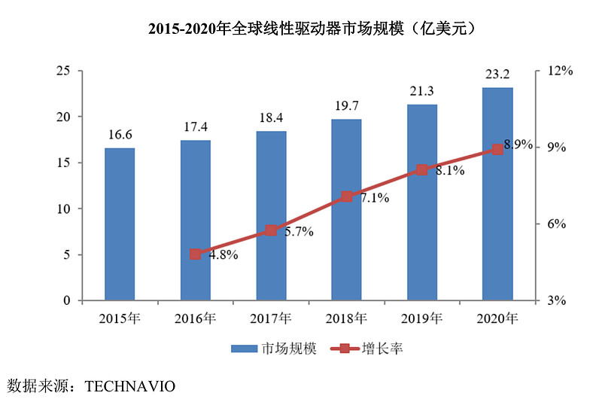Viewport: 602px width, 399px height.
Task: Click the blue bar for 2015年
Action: pyautogui.click(x=120, y=224)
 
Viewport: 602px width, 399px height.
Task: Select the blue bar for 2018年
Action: pyautogui.click(x=346, y=210)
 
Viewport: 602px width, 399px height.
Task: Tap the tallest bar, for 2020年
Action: pyautogui.click(x=497, y=194)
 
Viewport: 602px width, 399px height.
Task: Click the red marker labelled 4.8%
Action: pyautogui.click(x=195, y=254)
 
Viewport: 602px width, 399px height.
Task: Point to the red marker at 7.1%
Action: pyautogui.click(x=346, y=197)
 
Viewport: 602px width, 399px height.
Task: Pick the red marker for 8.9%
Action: pyautogui.click(x=497, y=150)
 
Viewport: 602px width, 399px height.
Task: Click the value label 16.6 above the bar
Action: pyautogui.click(x=120, y=135)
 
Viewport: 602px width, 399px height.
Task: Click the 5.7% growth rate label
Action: pyautogui.click(x=299, y=232)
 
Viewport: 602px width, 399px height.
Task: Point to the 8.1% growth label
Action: pyautogui.click(x=450, y=171)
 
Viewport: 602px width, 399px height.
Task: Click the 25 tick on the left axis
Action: pyautogui.click(x=64, y=71)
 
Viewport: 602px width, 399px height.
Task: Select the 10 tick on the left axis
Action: pyautogui.click(x=64, y=209)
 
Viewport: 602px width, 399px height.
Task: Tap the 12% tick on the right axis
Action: pyautogui.click(x=560, y=71)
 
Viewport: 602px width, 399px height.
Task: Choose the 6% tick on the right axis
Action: pyautogui.click(x=556, y=224)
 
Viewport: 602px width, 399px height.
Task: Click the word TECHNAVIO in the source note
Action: pyautogui.click(x=130, y=386)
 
